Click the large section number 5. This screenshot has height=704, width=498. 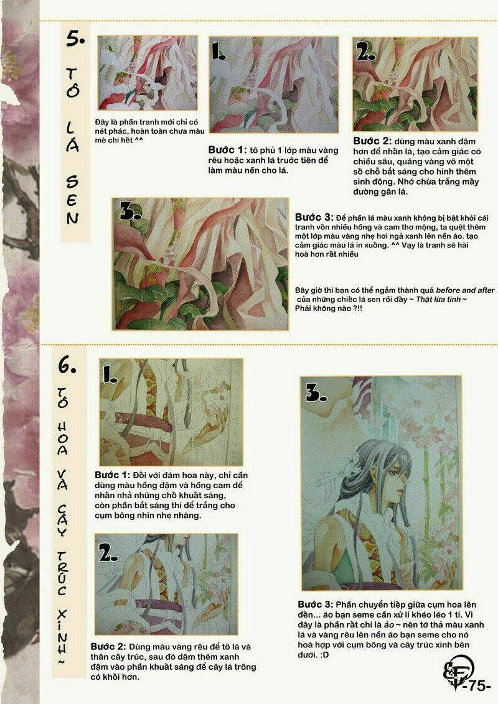[x=75, y=39]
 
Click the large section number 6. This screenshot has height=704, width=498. [x=67, y=366]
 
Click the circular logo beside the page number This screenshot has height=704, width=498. [x=457, y=671]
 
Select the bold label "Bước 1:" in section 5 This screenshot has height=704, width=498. [x=227, y=150]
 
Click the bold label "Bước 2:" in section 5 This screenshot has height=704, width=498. [x=372, y=141]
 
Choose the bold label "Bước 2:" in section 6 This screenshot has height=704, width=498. [x=109, y=647]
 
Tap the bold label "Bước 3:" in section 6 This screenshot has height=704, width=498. [x=316, y=604]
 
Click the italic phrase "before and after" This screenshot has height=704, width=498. [x=465, y=290]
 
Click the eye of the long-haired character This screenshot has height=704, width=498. [x=392, y=472]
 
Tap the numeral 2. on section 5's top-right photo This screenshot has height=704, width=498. [x=365, y=52]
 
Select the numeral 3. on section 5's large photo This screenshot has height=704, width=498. [x=130, y=211]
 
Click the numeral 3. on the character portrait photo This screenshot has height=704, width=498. [x=316, y=392]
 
